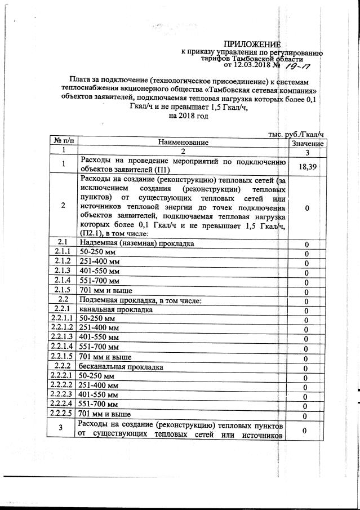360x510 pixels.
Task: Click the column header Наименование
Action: tap(183, 143)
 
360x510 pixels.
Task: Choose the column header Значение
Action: tap(308, 144)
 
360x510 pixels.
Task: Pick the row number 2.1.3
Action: tap(63, 271)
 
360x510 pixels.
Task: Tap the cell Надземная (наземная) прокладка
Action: tap(137, 243)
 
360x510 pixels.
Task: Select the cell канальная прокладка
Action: tap(116, 310)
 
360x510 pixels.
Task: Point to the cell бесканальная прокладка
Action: tap(121, 367)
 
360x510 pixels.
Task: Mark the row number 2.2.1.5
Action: tap(61, 357)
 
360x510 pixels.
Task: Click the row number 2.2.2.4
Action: tap(61, 404)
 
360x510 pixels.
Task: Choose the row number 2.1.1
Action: tap(63, 252)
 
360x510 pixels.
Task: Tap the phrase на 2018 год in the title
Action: tap(188, 116)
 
